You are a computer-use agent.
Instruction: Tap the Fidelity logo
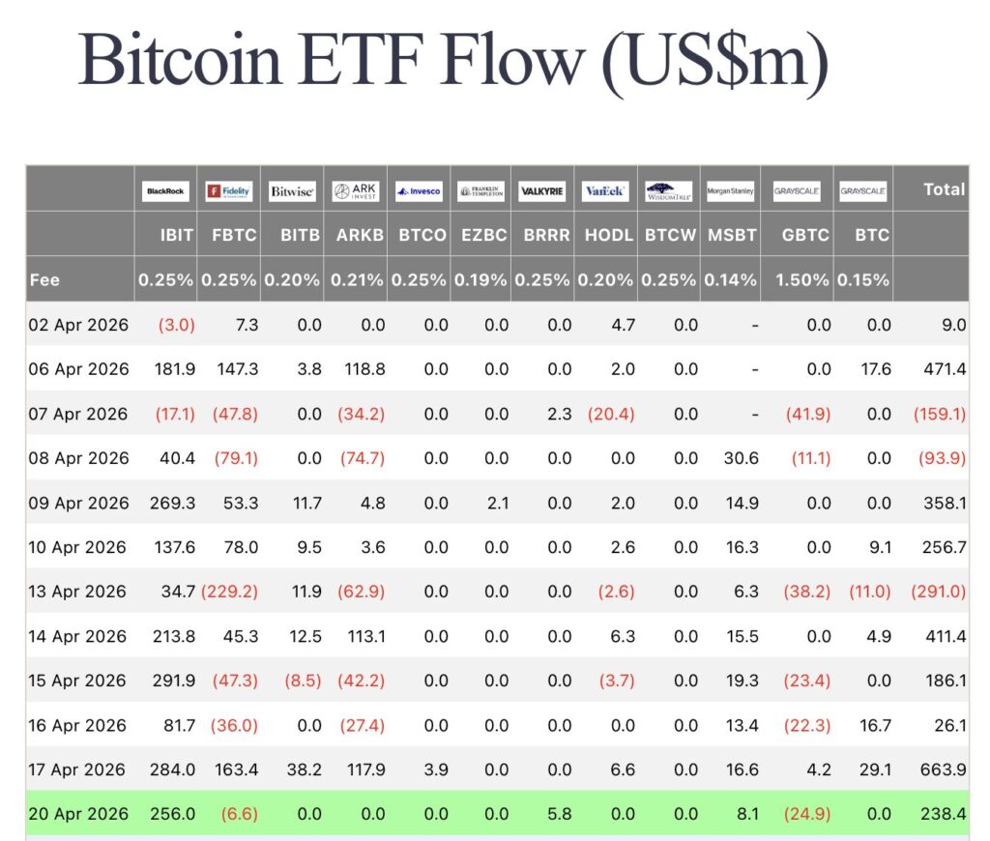point(228,191)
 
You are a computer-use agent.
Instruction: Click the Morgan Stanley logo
point(730,191)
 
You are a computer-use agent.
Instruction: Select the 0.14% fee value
point(730,280)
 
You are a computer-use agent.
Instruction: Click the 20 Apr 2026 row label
point(77,814)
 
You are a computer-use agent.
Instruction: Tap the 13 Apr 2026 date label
point(77,592)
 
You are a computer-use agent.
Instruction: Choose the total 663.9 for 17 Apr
point(945,769)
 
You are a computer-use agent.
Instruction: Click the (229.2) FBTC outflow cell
point(229,592)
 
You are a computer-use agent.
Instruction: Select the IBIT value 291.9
point(174,681)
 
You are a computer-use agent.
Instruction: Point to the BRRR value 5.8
point(559,814)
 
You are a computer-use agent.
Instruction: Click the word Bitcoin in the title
point(180,60)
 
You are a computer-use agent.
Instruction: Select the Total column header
point(944,189)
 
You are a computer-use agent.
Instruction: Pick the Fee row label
point(44,280)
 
